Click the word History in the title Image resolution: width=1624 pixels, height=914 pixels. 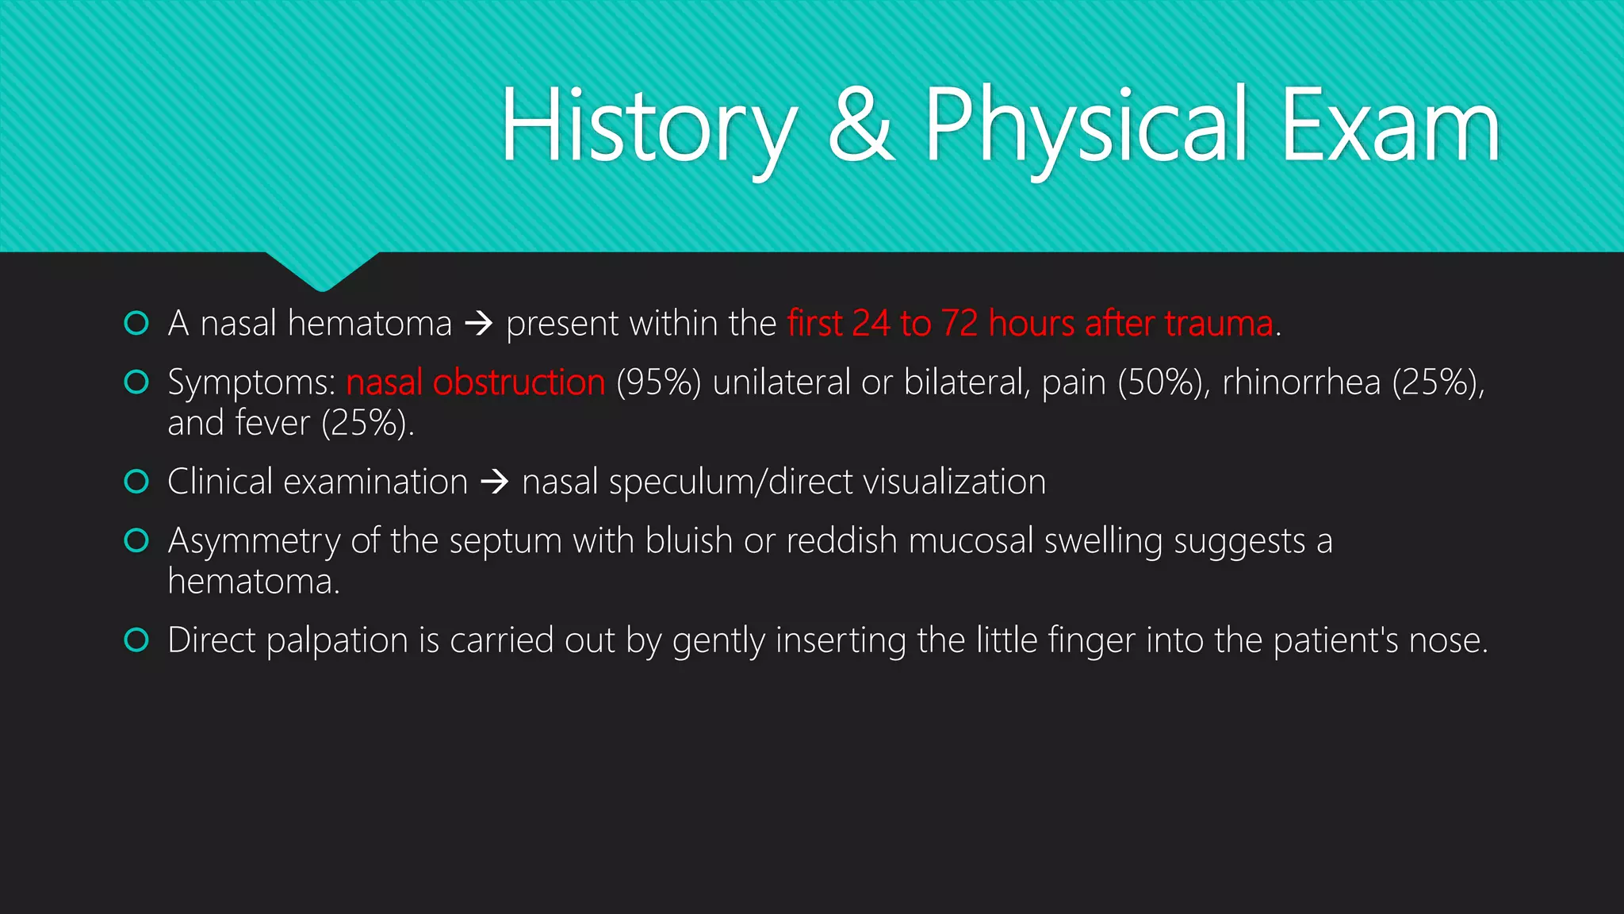[649, 127]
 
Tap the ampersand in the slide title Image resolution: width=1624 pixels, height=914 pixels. [861, 127]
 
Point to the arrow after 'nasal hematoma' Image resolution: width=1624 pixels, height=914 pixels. [479, 324]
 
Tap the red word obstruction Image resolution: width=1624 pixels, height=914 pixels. [519, 382]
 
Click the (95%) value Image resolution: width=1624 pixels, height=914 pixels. [658, 382]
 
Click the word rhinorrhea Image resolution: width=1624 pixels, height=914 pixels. [1301, 382]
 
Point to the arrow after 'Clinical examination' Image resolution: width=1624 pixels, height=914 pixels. [495, 482]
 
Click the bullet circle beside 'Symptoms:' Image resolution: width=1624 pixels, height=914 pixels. [136, 382]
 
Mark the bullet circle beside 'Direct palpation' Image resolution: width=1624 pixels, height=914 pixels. [136, 639]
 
